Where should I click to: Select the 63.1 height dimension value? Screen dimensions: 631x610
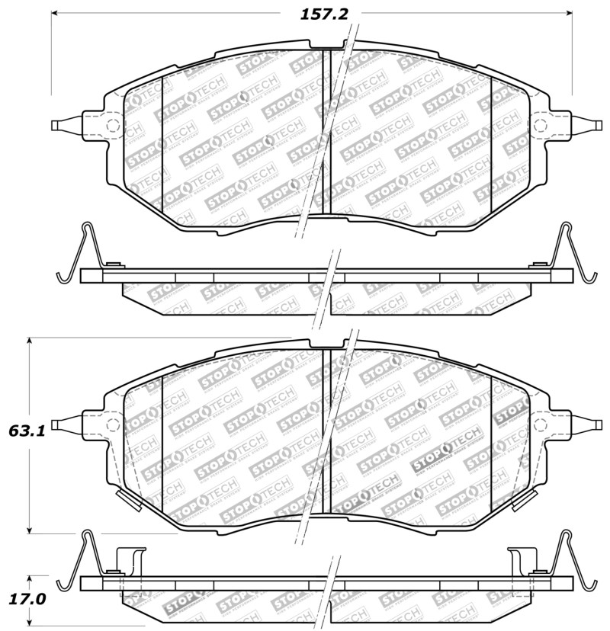[27, 431]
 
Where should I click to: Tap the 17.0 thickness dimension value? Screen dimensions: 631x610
[27, 599]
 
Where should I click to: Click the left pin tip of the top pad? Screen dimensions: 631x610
[53, 126]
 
